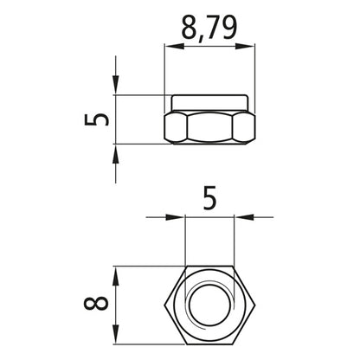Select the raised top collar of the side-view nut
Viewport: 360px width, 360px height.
209,102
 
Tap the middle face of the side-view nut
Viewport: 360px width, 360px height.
209,128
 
